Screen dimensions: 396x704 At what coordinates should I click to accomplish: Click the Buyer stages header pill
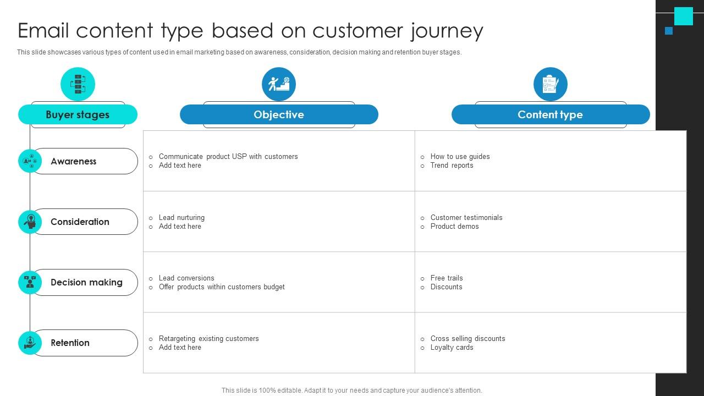(78, 114)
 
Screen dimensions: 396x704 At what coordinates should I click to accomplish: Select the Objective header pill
(279, 114)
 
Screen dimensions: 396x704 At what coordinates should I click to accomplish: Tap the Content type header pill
(551, 114)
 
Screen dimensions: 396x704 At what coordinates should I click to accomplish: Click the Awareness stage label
(74, 161)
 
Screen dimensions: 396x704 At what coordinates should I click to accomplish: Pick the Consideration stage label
(80, 222)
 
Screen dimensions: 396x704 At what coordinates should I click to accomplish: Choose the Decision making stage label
(86, 282)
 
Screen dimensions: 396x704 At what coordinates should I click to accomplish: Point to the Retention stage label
(70, 343)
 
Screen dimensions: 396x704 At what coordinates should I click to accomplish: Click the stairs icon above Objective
(279, 84)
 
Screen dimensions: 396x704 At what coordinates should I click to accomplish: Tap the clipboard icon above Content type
(551, 84)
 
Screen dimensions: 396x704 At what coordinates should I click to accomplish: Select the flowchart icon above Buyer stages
(78, 84)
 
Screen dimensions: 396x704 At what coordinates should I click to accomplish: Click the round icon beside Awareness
(30, 161)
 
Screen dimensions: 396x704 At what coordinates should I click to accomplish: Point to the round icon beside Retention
(30, 343)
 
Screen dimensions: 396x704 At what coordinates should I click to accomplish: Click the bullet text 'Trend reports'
(452, 166)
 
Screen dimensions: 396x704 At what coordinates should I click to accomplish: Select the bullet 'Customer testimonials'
(466, 217)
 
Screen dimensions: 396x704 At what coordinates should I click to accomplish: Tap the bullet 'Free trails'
(447, 278)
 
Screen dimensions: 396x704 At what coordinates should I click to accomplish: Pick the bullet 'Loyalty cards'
(452, 348)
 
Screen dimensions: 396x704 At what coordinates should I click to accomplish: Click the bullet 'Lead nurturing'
(182, 217)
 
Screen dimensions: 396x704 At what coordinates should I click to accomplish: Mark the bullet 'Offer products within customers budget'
(222, 287)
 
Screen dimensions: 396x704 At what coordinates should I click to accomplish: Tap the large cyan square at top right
(684, 16)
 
